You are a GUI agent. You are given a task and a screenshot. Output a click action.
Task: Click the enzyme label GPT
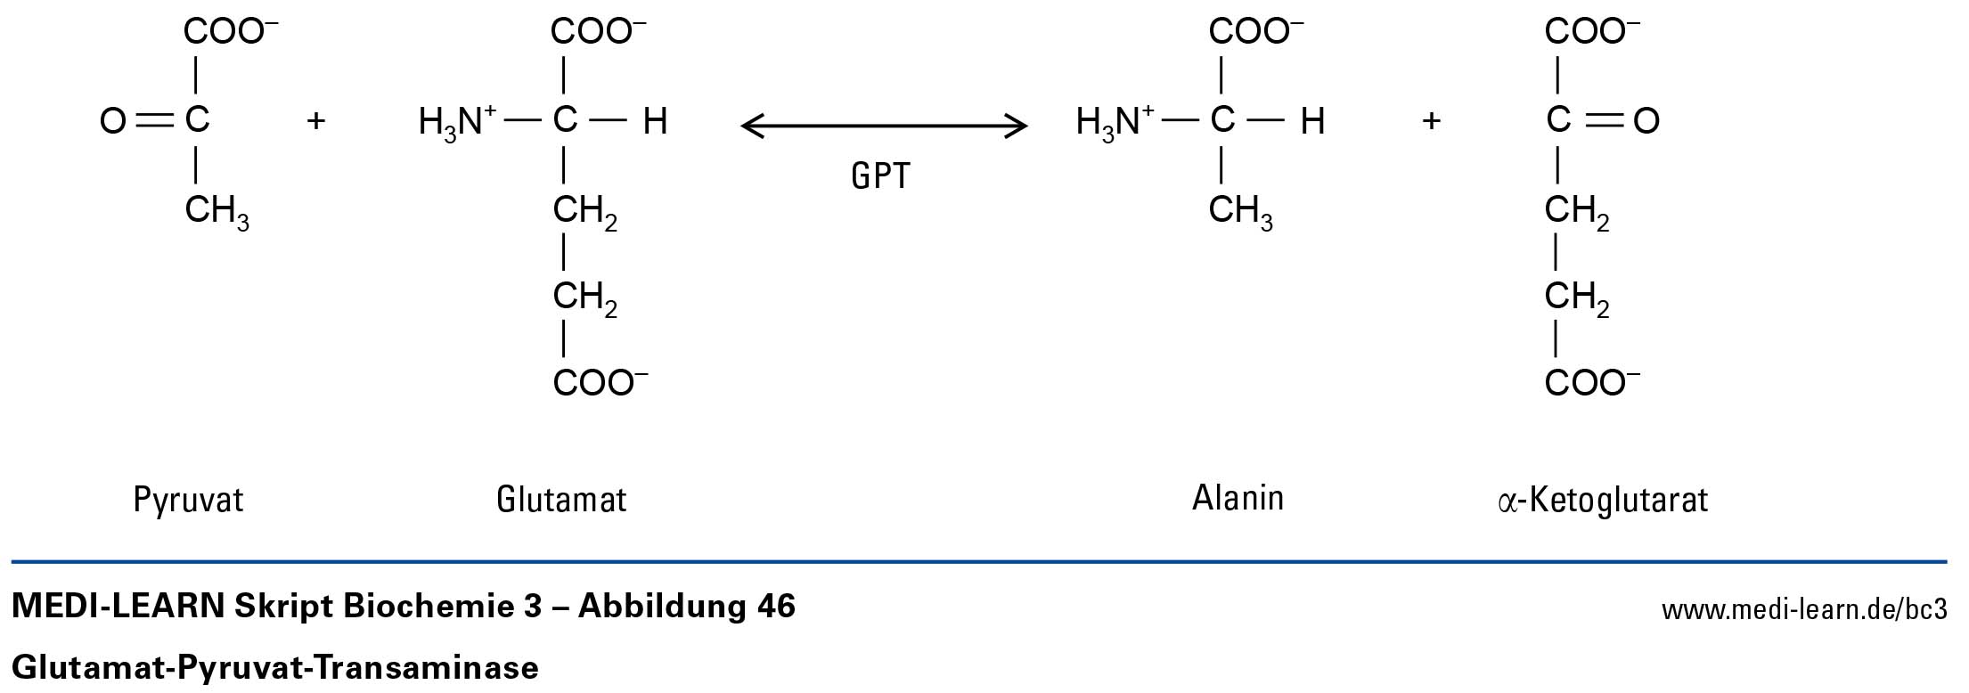(880, 175)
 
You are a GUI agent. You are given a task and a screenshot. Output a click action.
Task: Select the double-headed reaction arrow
(884, 126)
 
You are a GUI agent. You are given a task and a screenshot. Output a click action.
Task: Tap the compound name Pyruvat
(188, 500)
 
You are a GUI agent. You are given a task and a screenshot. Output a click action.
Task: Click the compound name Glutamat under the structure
(561, 500)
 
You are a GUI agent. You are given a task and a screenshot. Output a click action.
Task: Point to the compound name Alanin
(1238, 498)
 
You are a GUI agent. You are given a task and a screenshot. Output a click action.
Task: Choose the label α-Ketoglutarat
(1603, 501)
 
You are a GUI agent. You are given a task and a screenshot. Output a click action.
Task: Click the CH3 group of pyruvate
(217, 212)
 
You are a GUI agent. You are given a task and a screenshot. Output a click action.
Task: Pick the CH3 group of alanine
(1240, 212)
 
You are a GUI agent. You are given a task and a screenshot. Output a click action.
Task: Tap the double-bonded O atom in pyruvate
(113, 121)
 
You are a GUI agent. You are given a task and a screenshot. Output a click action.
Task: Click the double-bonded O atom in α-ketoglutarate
(1646, 121)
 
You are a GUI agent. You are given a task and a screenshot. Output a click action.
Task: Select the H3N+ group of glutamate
(457, 122)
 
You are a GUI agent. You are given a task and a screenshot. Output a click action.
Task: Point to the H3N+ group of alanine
(1115, 122)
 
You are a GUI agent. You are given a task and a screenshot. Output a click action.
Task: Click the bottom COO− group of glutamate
(600, 383)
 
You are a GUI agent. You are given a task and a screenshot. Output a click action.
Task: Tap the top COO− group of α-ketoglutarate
(1591, 32)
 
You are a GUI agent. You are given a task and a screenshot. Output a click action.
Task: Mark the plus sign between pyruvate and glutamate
(315, 120)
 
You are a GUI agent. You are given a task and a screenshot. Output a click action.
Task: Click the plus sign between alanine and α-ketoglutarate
(1431, 120)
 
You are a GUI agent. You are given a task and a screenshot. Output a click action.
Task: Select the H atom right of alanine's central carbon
(1312, 121)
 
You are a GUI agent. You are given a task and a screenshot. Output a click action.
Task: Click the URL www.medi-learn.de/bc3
(1804, 610)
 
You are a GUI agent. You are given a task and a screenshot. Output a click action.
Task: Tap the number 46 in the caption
(775, 607)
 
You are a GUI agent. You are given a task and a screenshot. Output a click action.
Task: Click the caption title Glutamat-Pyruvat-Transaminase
(275, 667)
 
